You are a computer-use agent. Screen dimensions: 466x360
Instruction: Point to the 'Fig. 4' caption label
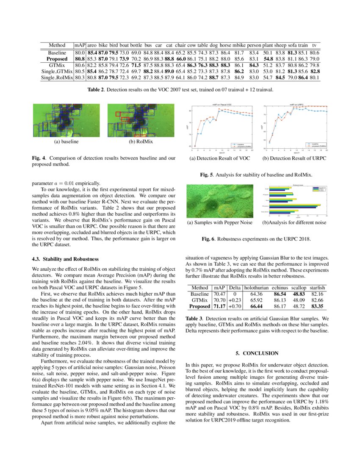click(39, 158)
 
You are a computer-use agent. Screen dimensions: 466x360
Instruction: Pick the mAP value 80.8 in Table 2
click(80, 58)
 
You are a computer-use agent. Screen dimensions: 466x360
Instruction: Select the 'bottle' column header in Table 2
click(136, 45)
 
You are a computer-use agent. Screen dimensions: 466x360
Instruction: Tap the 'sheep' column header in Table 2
click(280, 45)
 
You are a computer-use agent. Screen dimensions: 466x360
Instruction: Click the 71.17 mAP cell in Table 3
click(219, 306)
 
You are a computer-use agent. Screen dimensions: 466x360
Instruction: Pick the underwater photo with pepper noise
click(220, 201)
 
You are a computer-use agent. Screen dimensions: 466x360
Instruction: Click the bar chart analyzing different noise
click(295, 201)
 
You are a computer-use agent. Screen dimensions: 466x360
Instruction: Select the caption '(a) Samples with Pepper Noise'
click(220, 222)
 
